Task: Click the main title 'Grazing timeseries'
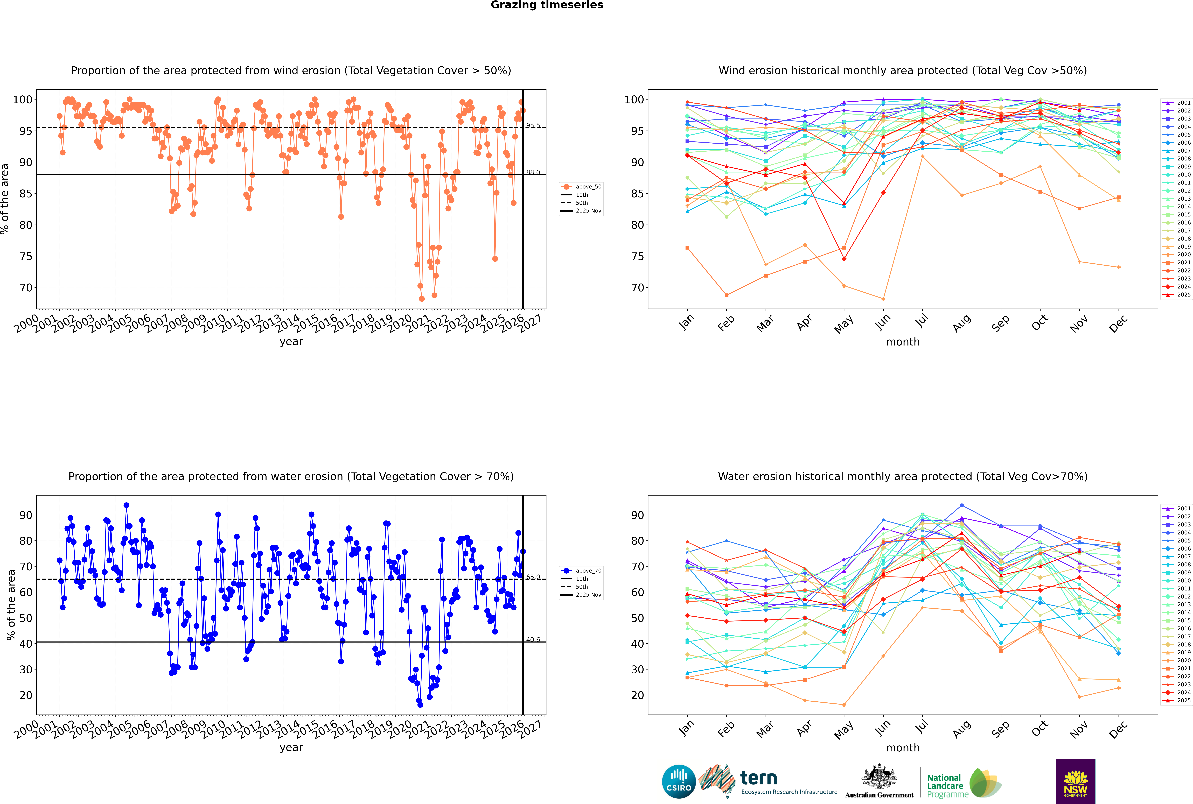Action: click(x=547, y=5)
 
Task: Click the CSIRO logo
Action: click(x=679, y=781)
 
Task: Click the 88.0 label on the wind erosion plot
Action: click(x=533, y=172)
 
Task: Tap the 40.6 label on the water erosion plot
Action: click(x=533, y=639)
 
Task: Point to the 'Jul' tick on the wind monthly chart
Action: click(x=922, y=321)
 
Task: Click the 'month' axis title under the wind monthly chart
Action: click(x=903, y=342)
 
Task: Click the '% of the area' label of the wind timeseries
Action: click(x=5, y=199)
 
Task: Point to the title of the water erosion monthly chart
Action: click(x=903, y=476)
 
